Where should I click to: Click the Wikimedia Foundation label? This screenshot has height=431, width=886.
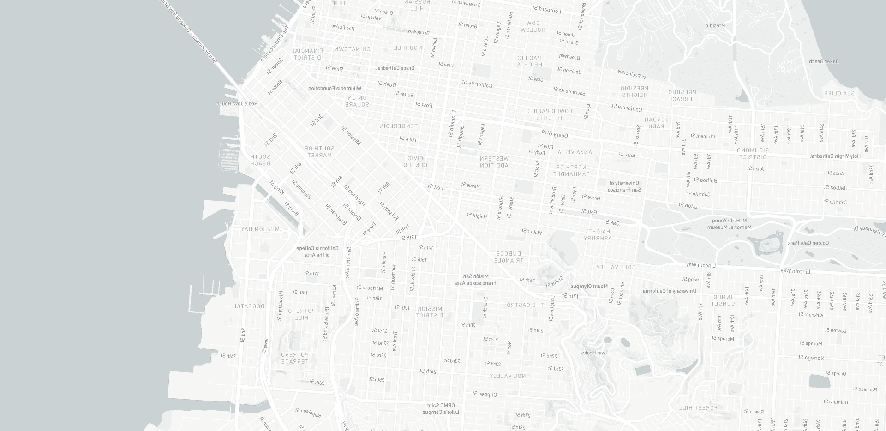(x=335, y=88)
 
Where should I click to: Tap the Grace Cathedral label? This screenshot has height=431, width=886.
(x=395, y=68)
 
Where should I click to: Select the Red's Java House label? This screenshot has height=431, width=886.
(x=238, y=104)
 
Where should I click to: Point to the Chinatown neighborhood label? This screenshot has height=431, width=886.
(x=353, y=48)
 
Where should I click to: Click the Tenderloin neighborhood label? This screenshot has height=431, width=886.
(x=398, y=126)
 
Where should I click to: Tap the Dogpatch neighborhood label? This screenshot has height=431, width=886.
(x=249, y=306)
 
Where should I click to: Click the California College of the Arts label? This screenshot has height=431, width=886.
(x=317, y=251)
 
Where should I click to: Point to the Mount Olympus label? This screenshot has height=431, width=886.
(x=589, y=287)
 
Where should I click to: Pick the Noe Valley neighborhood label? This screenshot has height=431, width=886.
(x=507, y=376)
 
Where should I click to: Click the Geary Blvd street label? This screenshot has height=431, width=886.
(x=554, y=133)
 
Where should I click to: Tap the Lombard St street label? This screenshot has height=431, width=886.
(x=546, y=9)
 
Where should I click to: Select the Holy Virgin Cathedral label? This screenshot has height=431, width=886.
(x=836, y=156)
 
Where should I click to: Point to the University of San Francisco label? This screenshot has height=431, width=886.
(x=624, y=186)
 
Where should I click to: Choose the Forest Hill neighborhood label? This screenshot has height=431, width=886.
(x=699, y=408)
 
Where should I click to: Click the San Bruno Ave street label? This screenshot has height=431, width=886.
(x=349, y=263)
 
